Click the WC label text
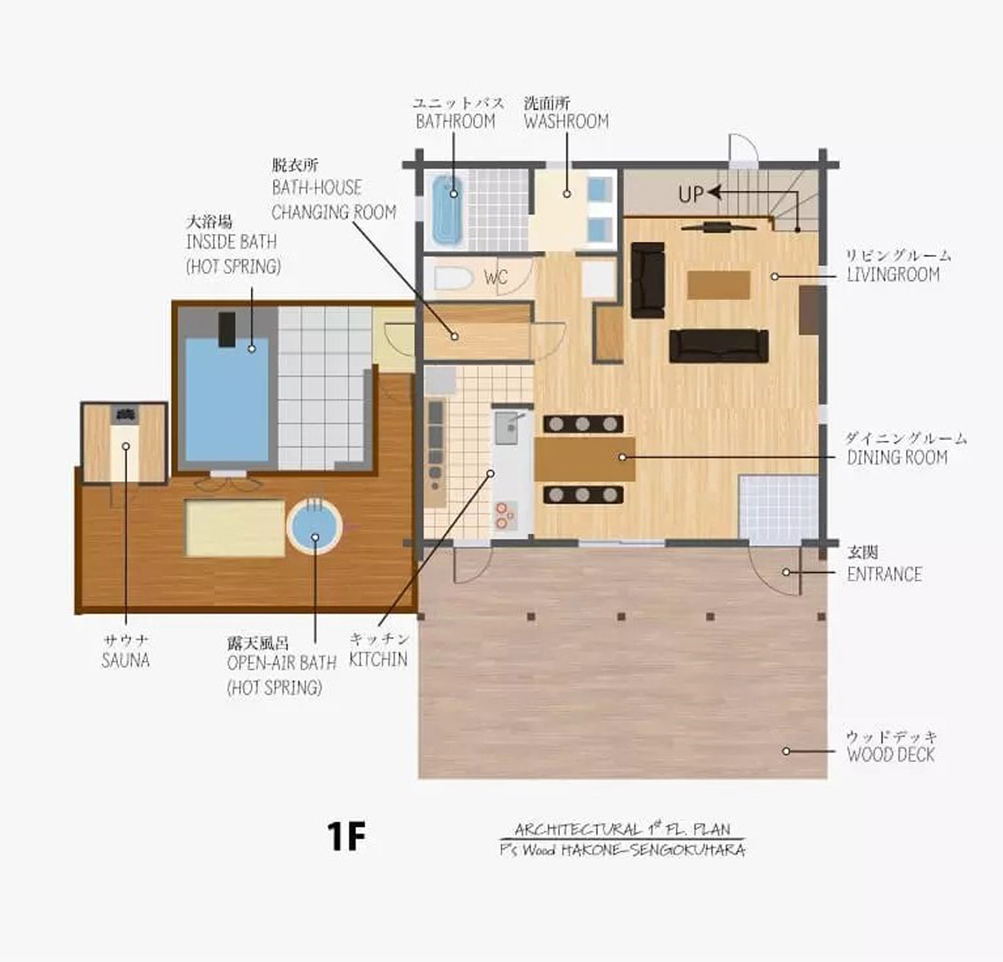pos(495,277)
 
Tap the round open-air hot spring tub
pos(314,528)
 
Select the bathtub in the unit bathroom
pos(445,208)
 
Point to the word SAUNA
pos(125,661)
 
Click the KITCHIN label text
pos(378,659)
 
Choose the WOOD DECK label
pos(890,755)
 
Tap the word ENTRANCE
pos(884,574)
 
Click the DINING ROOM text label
pos(897,458)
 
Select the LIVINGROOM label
pos(893,275)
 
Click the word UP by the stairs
pos(691,194)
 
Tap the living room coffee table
pos(718,285)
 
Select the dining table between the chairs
pos(584,459)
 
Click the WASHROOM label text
pos(566,121)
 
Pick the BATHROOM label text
pos(455,121)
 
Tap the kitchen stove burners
pos(506,515)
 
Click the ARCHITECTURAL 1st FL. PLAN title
pos(621,830)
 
